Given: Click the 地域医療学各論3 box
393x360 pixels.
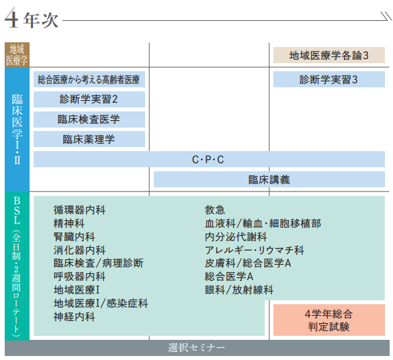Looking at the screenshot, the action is tap(329, 55).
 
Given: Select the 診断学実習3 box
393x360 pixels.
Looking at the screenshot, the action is tap(329, 79).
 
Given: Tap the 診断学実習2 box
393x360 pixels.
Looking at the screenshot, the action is tap(89, 99).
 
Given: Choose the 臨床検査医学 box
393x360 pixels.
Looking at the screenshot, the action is tap(89, 120).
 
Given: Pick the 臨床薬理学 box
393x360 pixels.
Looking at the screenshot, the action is tap(89, 139).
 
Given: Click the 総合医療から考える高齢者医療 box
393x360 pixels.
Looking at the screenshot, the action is tap(89, 79).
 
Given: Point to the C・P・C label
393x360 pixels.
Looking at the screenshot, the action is tap(208, 160).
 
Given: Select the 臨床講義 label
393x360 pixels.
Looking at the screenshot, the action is tap(269, 179).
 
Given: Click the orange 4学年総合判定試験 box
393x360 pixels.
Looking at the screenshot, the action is tap(329, 320).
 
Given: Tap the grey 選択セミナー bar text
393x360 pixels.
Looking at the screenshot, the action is tap(196, 348).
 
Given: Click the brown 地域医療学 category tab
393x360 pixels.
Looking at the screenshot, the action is tap(17, 54).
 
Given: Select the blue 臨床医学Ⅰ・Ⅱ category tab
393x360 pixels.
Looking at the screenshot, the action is tap(17, 129).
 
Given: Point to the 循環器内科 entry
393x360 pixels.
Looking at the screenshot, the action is tap(79, 210).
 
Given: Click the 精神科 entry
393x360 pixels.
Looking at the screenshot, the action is tap(69, 223).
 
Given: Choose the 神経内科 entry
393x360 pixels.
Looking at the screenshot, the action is tap(74, 316).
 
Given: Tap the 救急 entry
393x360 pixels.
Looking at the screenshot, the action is tap(215, 210).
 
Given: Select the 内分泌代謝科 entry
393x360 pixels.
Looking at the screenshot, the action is tap(236, 236).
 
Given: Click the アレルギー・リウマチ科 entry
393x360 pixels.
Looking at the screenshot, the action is tap(255, 250).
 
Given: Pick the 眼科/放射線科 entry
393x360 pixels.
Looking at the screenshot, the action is tap(239, 290).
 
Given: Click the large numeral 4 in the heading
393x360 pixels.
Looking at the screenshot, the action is tap(11, 17).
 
